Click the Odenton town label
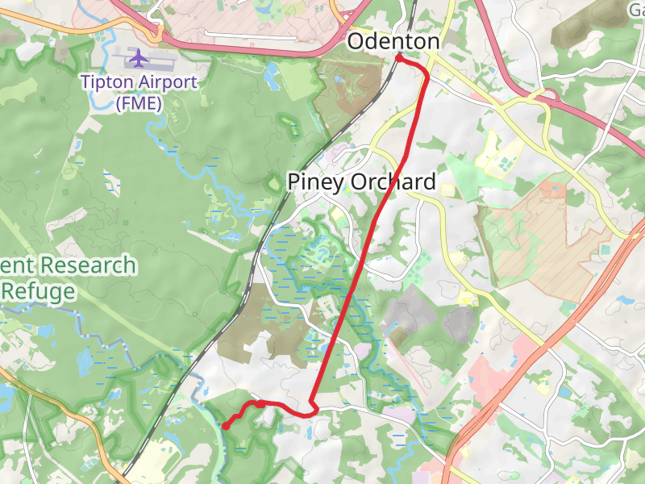[393, 42]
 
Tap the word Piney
[316, 182]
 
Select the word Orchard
[393, 182]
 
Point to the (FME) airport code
[139, 103]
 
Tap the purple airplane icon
[139, 58]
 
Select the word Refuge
[38, 291]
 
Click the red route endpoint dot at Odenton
[399, 57]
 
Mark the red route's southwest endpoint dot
[227, 426]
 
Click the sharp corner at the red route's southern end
[312, 401]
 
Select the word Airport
[169, 81]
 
